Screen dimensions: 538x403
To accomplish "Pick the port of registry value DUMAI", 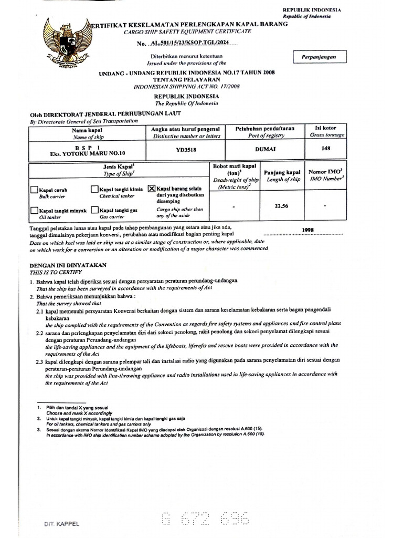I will [x=266, y=149].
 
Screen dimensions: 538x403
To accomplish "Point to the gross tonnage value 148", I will [x=326, y=148].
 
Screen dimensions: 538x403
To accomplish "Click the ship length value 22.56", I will [x=282, y=206].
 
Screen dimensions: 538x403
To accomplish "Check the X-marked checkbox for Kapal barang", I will [x=152, y=188].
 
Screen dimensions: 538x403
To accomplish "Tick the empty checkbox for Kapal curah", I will [x=34, y=190].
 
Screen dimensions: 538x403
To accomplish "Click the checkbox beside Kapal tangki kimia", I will [x=94, y=189].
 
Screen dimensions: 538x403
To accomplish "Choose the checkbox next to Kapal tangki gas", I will [x=94, y=210].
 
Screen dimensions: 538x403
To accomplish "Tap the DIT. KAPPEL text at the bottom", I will [x=62, y=524].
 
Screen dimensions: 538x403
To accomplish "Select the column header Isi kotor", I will [x=326, y=128].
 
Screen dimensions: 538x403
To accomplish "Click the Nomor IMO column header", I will [x=325, y=172].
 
